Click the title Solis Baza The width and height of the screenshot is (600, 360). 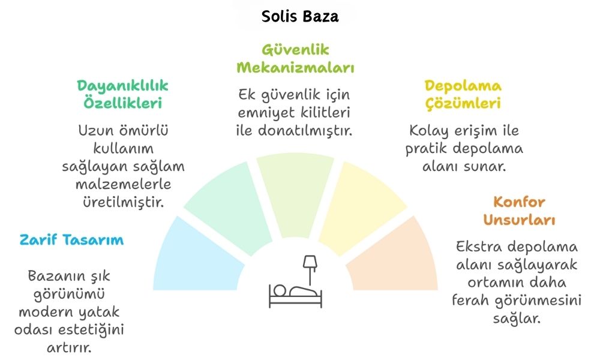(300, 16)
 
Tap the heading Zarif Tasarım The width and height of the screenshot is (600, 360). (71, 240)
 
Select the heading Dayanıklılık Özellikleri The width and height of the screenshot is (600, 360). (122, 94)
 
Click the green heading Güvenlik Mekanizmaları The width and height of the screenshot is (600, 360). (295, 59)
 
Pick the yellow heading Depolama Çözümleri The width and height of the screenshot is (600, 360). (463, 94)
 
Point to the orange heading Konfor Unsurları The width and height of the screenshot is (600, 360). (519, 211)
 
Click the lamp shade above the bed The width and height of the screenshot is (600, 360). (310, 262)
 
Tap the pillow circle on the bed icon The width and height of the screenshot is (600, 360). (280, 290)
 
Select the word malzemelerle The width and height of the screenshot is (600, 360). (123, 184)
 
